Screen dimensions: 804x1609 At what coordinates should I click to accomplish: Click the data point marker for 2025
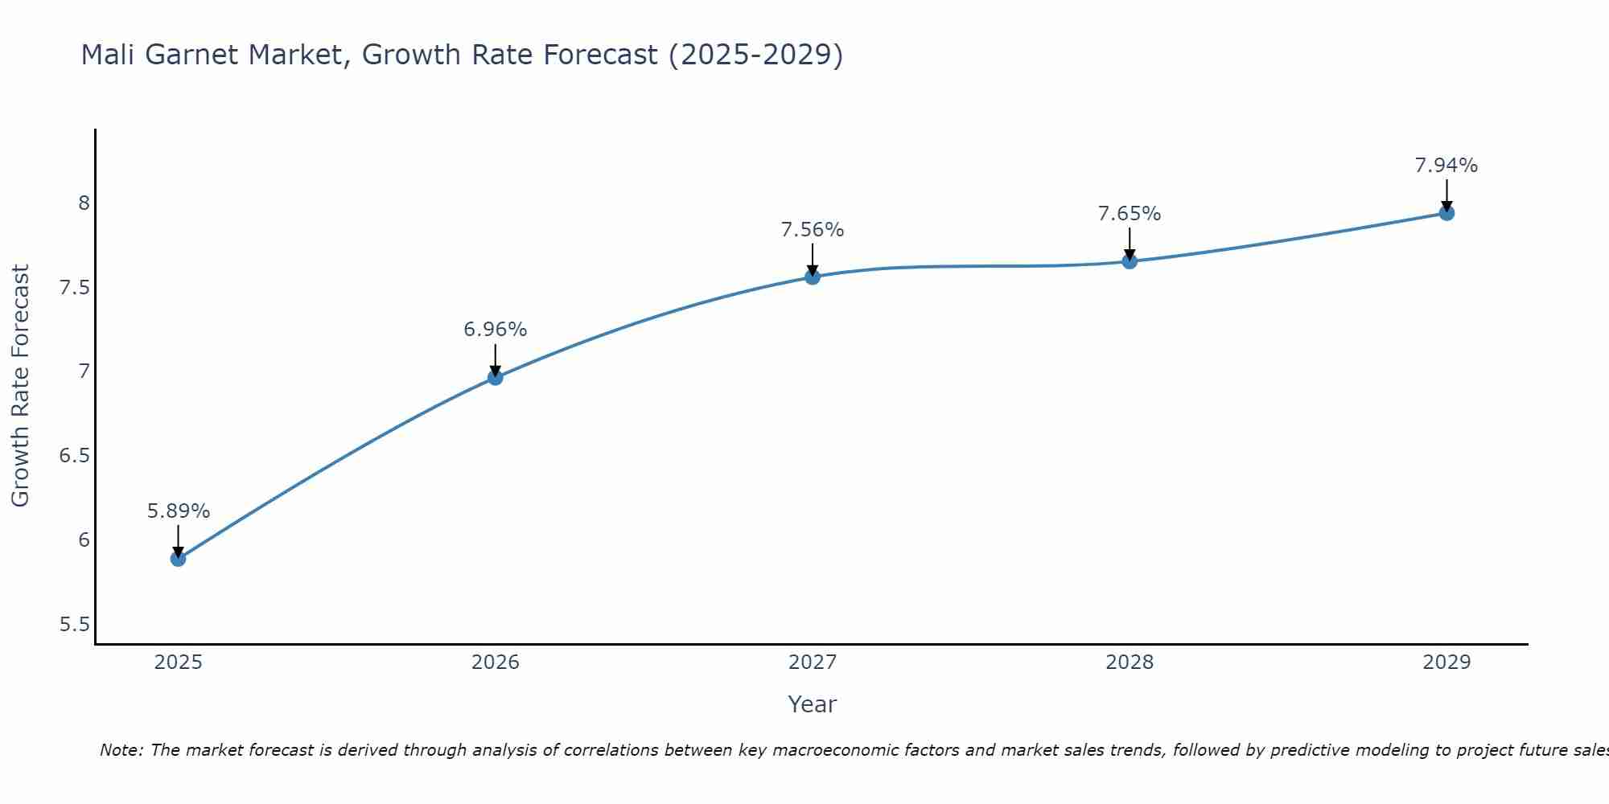tap(178, 558)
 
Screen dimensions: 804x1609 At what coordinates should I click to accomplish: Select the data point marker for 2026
tap(496, 377)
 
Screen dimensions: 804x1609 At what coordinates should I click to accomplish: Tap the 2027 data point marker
tap(813, 277)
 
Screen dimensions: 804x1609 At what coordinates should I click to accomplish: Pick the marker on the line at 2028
tap(1130, 261)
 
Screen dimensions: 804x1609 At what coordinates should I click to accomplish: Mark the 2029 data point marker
tap(1446, 213)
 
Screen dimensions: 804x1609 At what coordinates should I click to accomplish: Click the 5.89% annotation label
tap(179, 511)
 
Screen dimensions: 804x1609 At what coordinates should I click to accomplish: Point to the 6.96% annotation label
tap(496, 330)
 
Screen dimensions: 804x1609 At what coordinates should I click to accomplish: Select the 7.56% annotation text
tap(813, 230)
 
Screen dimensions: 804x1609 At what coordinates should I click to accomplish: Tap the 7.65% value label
tap(1130, 214)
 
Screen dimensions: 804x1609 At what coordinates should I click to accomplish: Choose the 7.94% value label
tap(1446, 166)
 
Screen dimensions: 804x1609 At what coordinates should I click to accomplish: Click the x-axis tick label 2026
tap(496, 662)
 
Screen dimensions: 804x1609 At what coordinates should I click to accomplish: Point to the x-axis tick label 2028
tap(1130, 662)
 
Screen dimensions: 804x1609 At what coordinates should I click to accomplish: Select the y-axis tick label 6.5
tap(75, 456)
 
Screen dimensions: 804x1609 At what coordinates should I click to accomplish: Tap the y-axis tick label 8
tap(84, 203)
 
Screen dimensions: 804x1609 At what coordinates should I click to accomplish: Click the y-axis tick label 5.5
tap(75, 625)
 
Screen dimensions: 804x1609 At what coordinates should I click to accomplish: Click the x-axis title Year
tap(813, 704)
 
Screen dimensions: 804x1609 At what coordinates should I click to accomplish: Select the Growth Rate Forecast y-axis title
tap(20, 386)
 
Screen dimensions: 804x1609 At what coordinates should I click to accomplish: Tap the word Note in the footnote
tap(121, 750)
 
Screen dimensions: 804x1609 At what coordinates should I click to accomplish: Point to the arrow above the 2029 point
tap(1446, 195)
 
